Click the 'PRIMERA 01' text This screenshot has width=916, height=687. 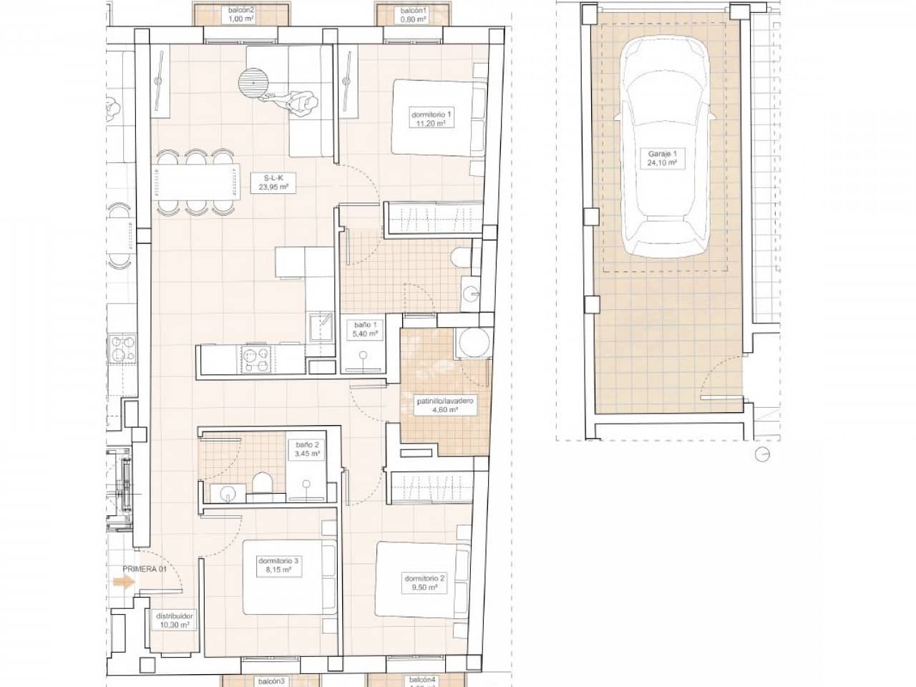pos(143,570)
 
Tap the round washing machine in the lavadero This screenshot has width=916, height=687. pos(472,343)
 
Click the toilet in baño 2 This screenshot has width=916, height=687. pos(262,484)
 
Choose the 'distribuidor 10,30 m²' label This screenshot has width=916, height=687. pos(173,620)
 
